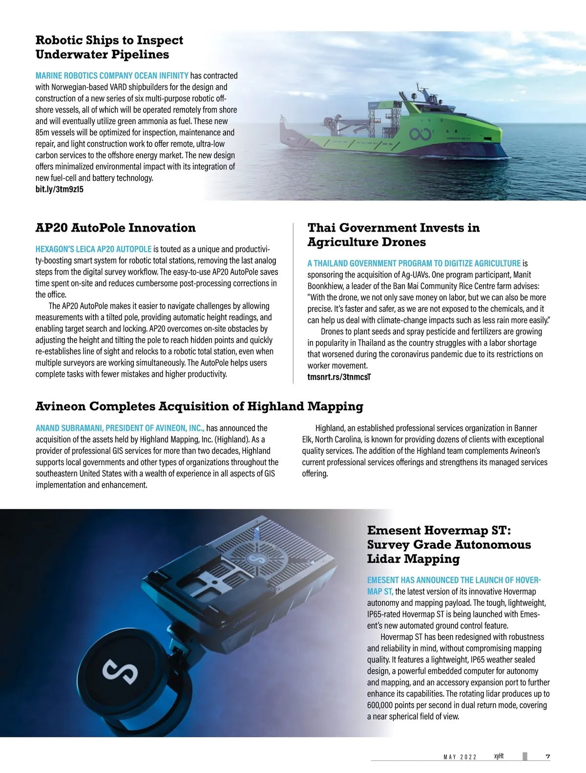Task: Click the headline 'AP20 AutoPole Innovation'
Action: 115,228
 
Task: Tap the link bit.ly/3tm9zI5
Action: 59,189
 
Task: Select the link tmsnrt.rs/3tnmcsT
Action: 339,377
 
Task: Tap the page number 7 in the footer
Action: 548,757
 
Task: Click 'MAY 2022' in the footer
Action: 460,757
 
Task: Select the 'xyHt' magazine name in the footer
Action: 499,756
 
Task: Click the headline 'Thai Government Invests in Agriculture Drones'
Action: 393,235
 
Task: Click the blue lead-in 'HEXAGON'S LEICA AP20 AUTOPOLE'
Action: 93,249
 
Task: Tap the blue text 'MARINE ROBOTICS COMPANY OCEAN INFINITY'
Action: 112,76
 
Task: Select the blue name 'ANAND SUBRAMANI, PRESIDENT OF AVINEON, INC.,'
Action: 120,428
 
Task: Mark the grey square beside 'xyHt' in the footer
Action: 525,756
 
